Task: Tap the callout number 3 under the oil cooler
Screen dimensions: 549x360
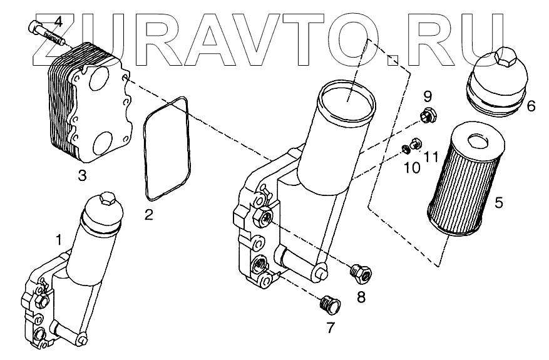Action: pyautogui.click(x=82, y=176)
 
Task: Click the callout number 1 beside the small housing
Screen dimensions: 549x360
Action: pyautogui.click(x=59, y=239)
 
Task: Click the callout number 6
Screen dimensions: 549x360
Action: pyautogui.click(x=531, y=106)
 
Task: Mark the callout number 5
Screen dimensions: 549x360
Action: pyautogui.click(x=498, y=203)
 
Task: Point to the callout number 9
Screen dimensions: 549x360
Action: pyautogui.click(x=428, y=96)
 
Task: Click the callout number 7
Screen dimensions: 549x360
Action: pyautogui.click(x=330, y=327)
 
